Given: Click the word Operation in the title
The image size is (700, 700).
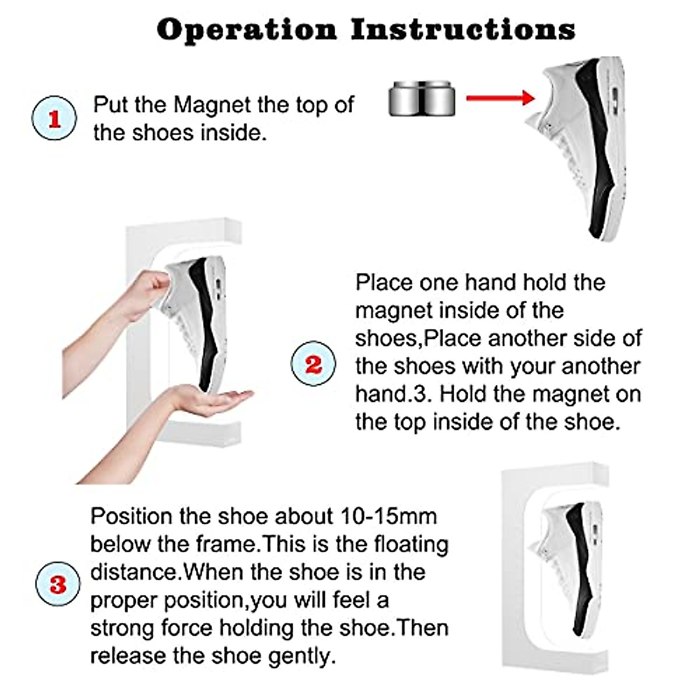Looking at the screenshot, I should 246,29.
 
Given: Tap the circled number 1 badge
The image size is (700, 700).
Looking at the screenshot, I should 54,118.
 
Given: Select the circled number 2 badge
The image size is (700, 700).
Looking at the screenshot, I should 313,363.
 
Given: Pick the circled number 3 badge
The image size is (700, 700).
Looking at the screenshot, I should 57,584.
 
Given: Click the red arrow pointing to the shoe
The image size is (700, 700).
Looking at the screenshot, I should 501,97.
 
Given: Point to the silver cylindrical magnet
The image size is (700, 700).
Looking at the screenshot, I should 421,98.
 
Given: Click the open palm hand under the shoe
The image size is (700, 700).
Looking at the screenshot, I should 216,399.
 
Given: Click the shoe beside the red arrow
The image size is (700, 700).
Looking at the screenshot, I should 583,146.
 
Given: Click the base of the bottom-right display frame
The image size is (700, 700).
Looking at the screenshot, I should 554,656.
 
